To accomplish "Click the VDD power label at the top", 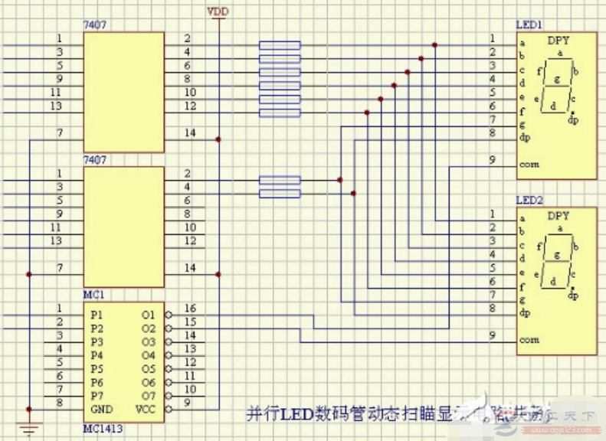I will coord(218,12).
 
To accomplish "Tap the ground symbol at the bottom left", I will coord(28,429).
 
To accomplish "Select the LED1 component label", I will coord(528,25).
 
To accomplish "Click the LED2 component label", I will coord(529,200).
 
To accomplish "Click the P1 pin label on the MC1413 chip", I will coord(96,315).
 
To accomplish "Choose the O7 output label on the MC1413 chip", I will coord(148,396).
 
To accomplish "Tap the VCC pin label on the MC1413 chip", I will coord(146,410).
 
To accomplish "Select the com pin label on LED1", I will coord(529,165).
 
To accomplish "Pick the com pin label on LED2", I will coord(529,339).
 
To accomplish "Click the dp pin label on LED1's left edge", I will coord(524,139).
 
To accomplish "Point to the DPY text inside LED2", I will coord(559,216).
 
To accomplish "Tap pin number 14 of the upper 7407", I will coord(189,133).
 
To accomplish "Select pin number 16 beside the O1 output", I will coord(191,308).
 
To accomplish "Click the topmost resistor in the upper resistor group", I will coord(280,44).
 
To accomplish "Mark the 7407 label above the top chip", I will coord(94,25).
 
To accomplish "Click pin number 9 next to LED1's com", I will coord(492,159).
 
